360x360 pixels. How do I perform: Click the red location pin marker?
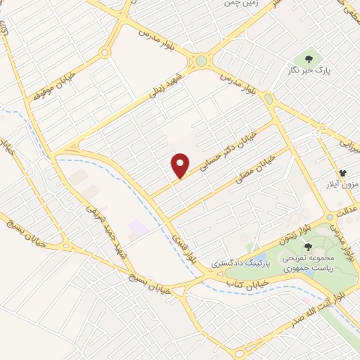[181, 165]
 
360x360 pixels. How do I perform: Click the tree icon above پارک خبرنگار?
[308, 57]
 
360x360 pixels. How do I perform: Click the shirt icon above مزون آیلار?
[342, 172]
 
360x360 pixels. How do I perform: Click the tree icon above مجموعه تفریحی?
[308, 246]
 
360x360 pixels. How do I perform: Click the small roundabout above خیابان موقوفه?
[105, 52]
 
